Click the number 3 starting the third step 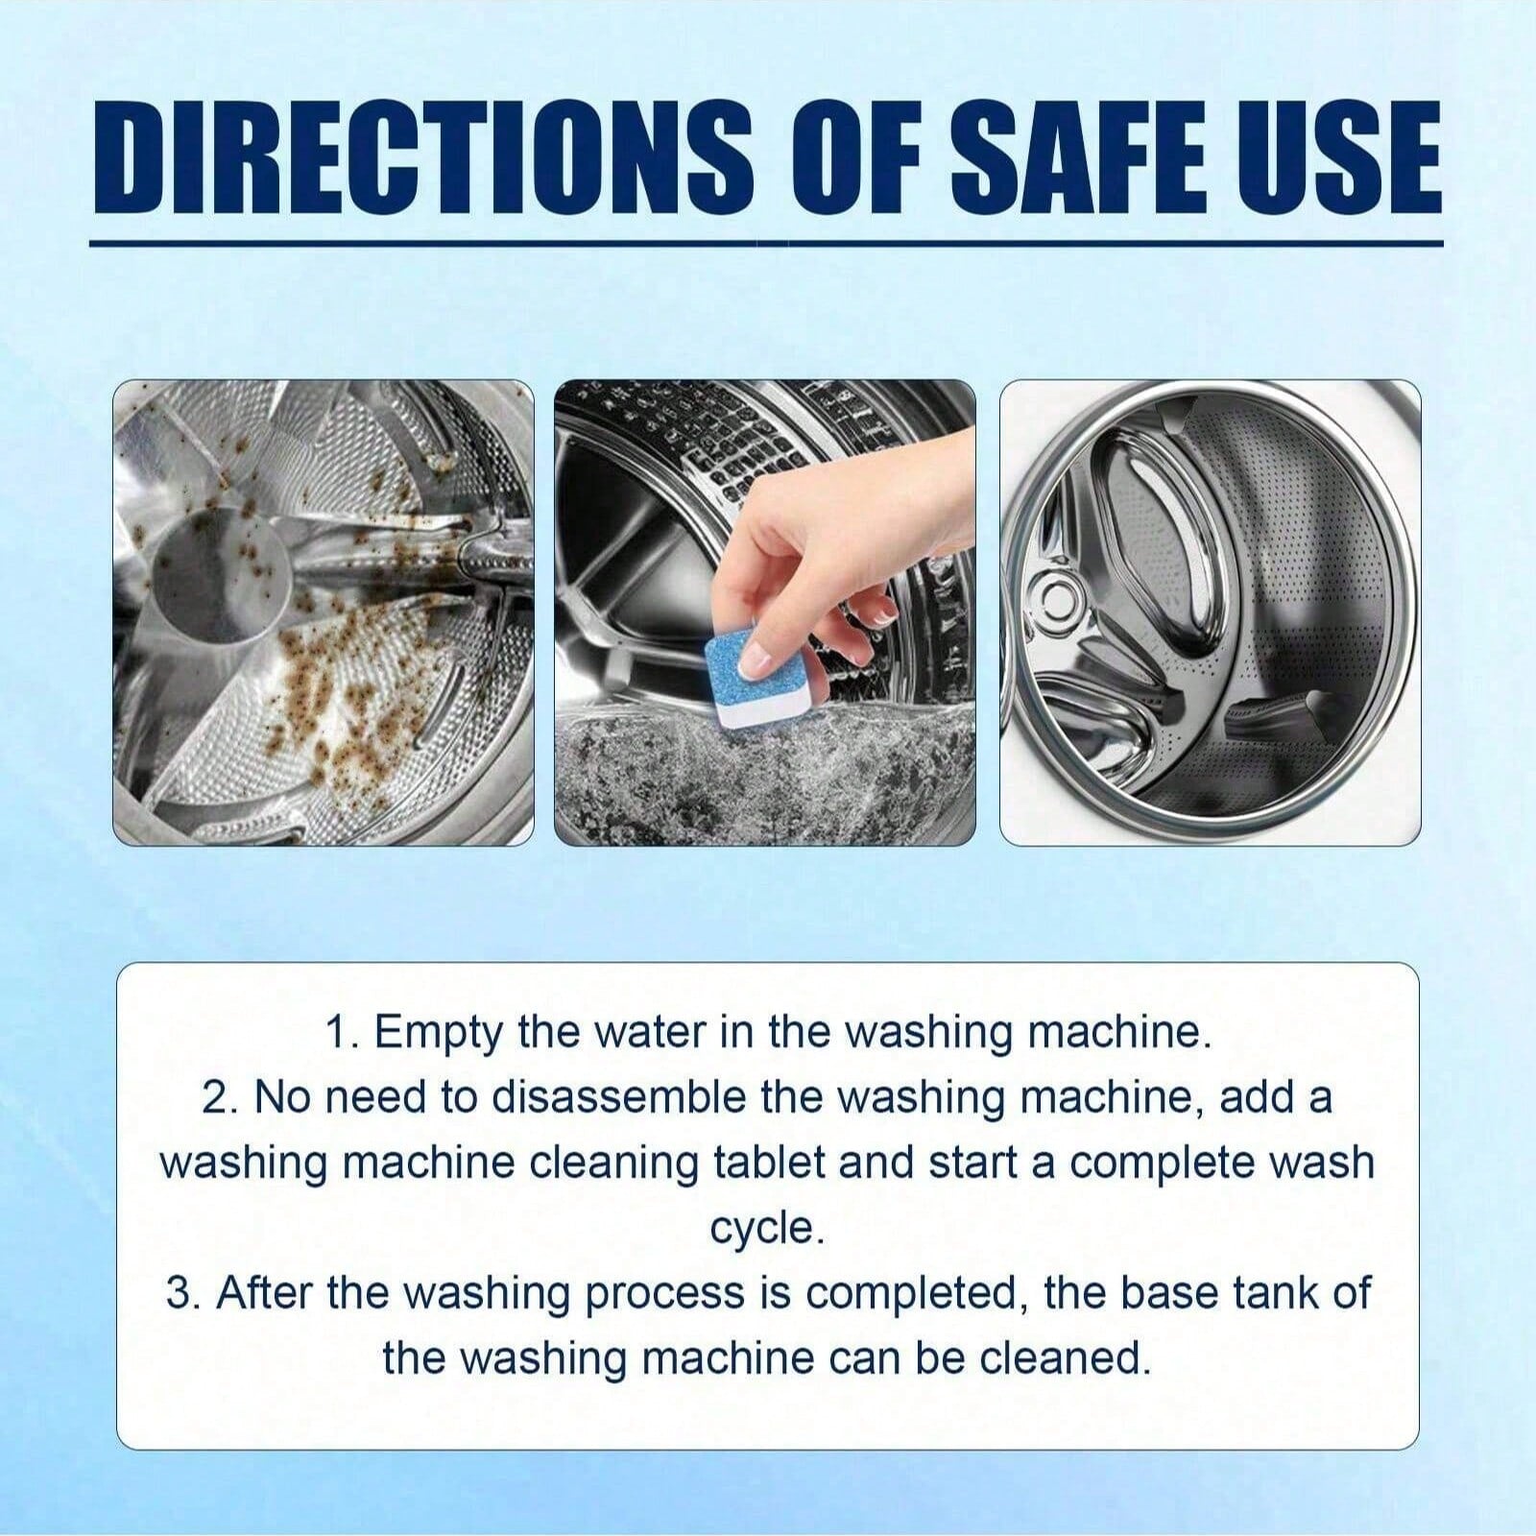[x=180, y=1293]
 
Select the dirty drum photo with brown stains [x=324, y=612]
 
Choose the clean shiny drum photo [x=1211, y=612]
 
